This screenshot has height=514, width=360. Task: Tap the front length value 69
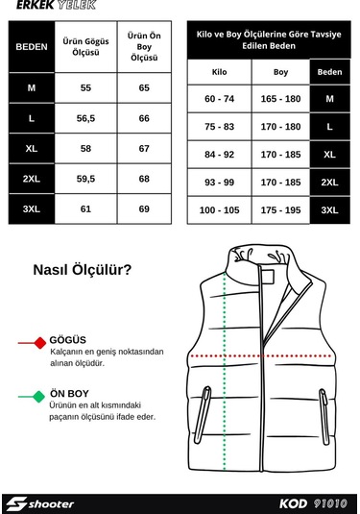click(x=144, y=208)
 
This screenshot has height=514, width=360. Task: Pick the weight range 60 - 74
click(x=219, y=99)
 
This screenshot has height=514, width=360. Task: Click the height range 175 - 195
click(x=280, y=209)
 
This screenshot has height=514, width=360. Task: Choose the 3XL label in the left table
click(x=32, y=208)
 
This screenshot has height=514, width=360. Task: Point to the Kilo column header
click(x=219, y=72)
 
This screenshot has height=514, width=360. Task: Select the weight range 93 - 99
click(x=219, y=182)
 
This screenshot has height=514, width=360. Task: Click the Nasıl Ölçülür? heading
click(x=83, y=270)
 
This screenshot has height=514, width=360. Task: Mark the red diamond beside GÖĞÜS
click(x=39, y=341)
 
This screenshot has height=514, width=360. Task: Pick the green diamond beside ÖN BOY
click(x=38, y=395)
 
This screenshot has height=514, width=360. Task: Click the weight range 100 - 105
click(x=219, y=209)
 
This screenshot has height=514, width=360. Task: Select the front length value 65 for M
click(x=144, y=88)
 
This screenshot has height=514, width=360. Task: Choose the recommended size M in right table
click(x=329, y=99)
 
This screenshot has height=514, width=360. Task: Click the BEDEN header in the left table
click(x=32, y=46)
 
